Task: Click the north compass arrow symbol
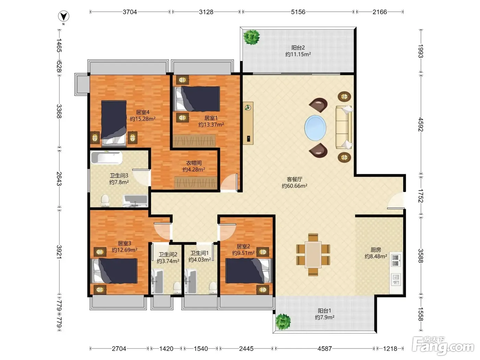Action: point(63,16)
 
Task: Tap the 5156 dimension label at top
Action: point(298,12)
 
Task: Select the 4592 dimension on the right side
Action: point(421,124)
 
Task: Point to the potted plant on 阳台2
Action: point(252,37)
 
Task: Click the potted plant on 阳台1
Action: point(283,322)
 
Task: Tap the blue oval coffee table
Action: point(315,128)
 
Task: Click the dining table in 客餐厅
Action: point(313,254)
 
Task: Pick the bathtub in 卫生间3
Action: point(107,157)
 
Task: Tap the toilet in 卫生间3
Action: point(105,201)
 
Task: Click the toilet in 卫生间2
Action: point(177,288)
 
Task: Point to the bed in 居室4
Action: point(114,123)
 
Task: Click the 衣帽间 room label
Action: point(194,163)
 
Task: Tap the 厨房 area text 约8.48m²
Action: point(376,256)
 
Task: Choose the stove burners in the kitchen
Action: point(395,260)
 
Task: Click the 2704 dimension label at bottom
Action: point(119,348)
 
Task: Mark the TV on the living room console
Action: point(249,139)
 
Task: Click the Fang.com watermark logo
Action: point(443,346)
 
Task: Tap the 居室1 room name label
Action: point(211,118)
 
